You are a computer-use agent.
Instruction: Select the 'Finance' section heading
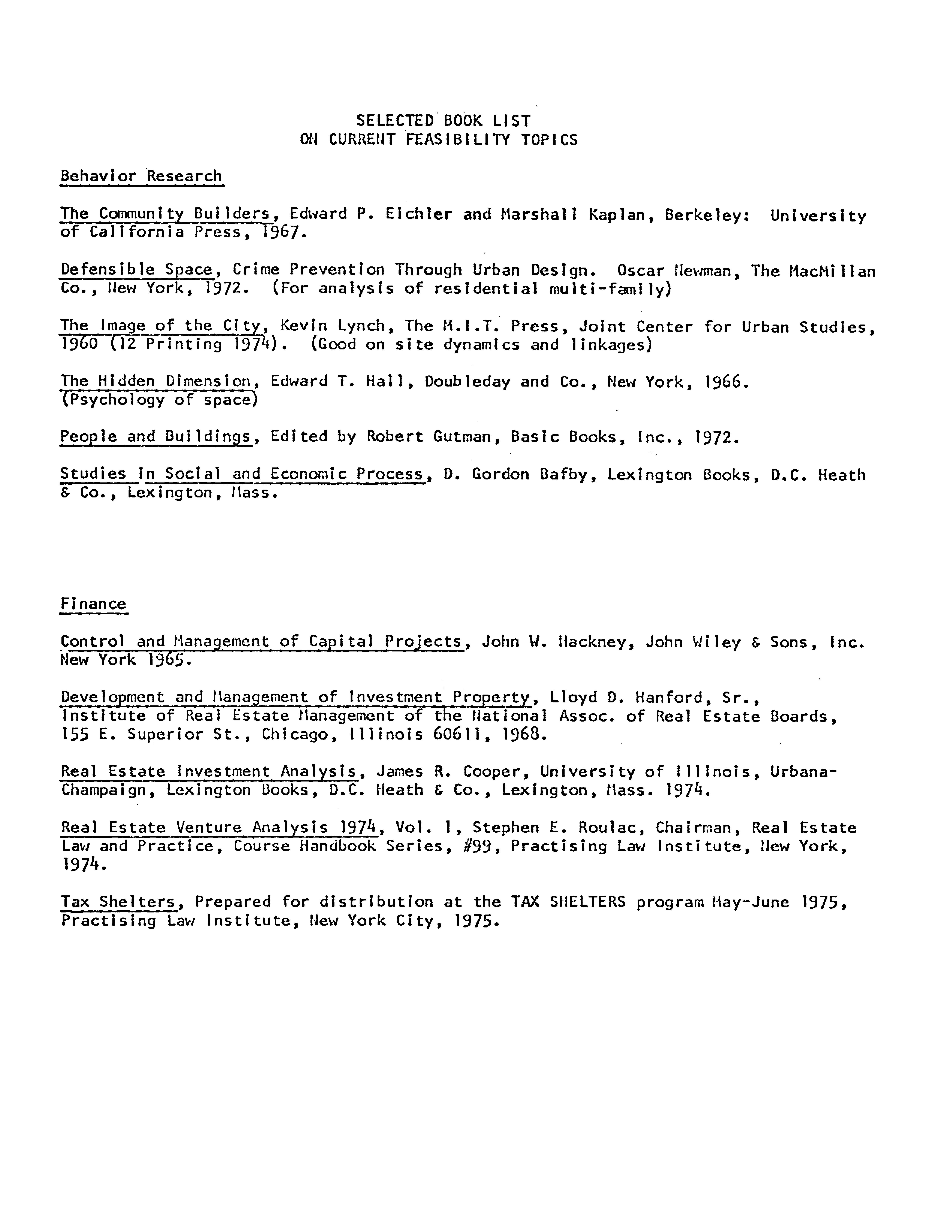(x=93, y=603)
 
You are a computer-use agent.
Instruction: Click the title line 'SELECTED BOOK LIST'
(x=443, y=120)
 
